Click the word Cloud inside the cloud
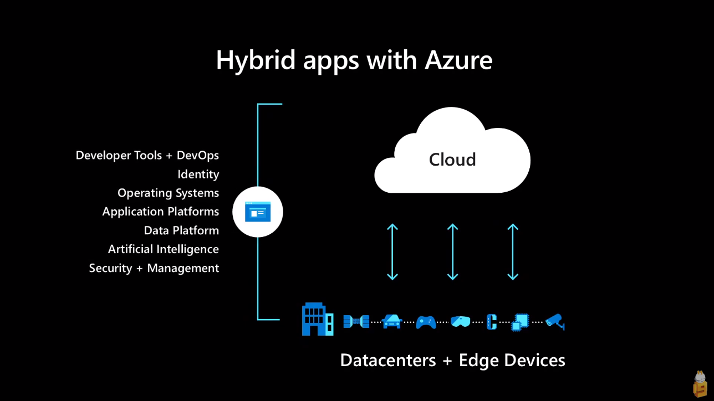[452, 160]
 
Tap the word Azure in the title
[458, 60]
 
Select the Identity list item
[198, 174]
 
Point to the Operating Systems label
[168, 193]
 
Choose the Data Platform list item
[181, 230]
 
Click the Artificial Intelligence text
[164, 249]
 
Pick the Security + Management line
[154, 268]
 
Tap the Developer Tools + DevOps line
[147, 156]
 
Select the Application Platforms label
[161, 212]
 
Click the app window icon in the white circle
[258, 212]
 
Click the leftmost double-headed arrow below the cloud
[392, 251]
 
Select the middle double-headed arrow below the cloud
[453, 251]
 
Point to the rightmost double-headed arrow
[513, 251]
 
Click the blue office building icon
[318, 319]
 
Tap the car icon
[392, 321]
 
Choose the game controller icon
[426, 322]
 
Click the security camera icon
[554, 321]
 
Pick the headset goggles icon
[460, 321]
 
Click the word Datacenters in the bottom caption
[388, 361]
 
